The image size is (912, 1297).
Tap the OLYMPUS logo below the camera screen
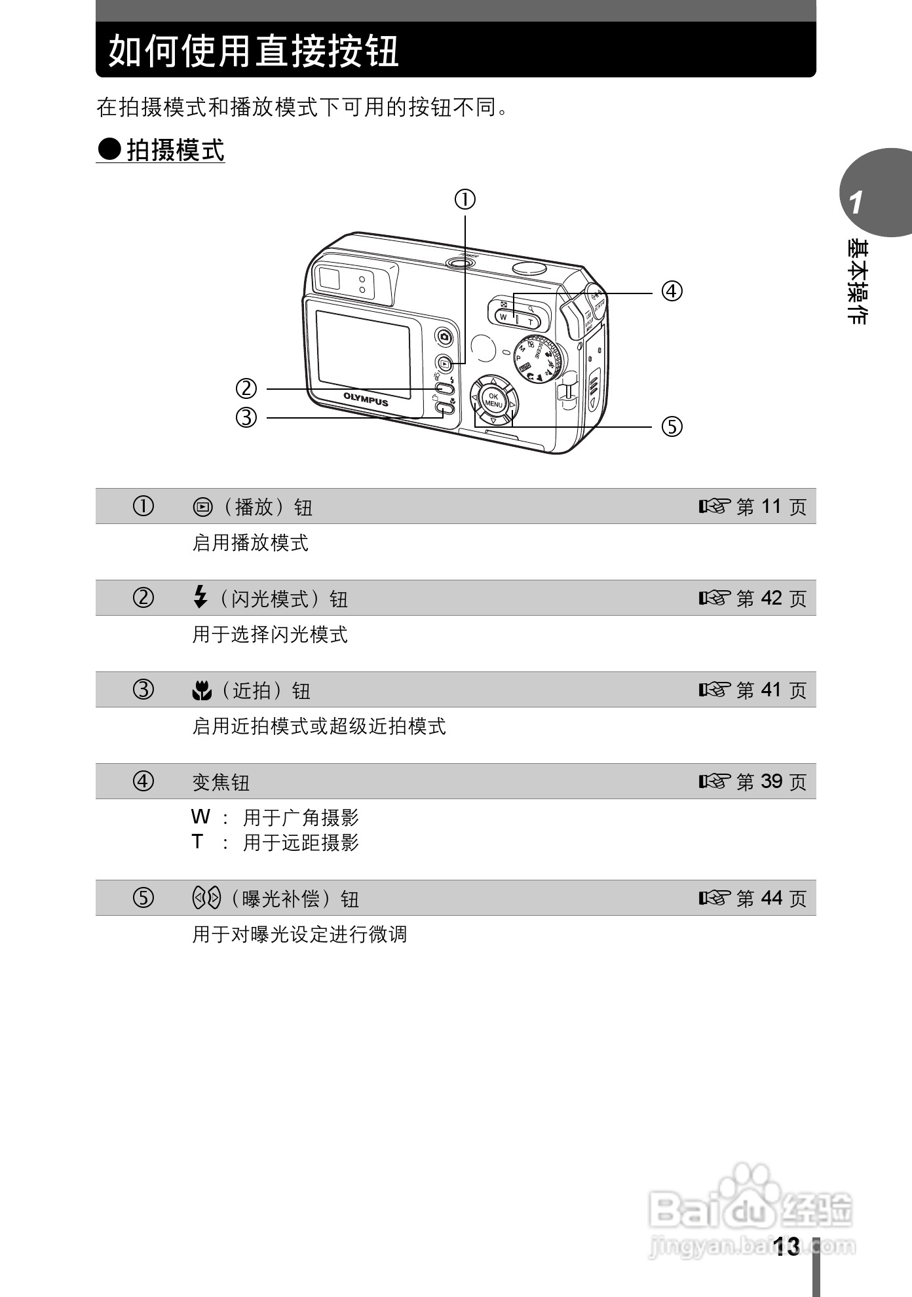pos(366,399)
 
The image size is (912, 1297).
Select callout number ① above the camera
pos(465,198)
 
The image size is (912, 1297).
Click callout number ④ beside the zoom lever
pos(672,291)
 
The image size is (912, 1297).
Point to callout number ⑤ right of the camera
pos(672,426)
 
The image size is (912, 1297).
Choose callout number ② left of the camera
pos(246,388)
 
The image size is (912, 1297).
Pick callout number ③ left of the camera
pos(246,417)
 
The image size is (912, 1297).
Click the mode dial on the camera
pos(539,358)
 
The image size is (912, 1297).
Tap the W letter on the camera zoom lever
pos(503,316)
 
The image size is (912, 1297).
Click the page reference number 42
pos(771,598)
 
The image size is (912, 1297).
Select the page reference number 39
pos(771,781)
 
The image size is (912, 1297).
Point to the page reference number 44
pos(771,898)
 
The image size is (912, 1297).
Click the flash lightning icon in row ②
pos(200,597)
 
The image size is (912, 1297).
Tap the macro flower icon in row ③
pos(202,690)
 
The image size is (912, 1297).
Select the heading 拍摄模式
pos(175,150)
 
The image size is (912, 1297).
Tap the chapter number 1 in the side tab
pos(856,203)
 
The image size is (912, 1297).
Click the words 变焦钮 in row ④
pos(221,782)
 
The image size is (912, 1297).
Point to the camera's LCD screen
pos(363,354)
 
